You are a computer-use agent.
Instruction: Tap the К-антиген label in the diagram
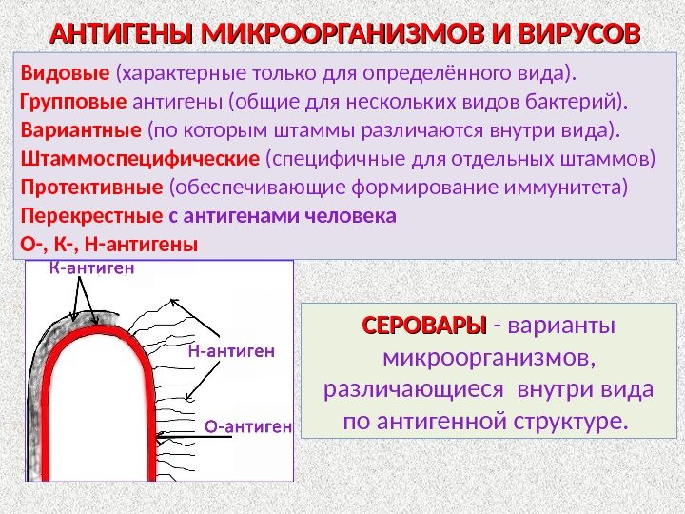click(91, 268)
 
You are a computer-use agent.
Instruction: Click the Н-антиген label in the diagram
click(232, 351)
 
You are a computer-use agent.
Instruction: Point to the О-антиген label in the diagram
click(248, 425)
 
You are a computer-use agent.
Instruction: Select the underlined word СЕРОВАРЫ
click(423, 326)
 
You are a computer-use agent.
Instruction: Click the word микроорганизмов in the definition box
click(486, 358)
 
